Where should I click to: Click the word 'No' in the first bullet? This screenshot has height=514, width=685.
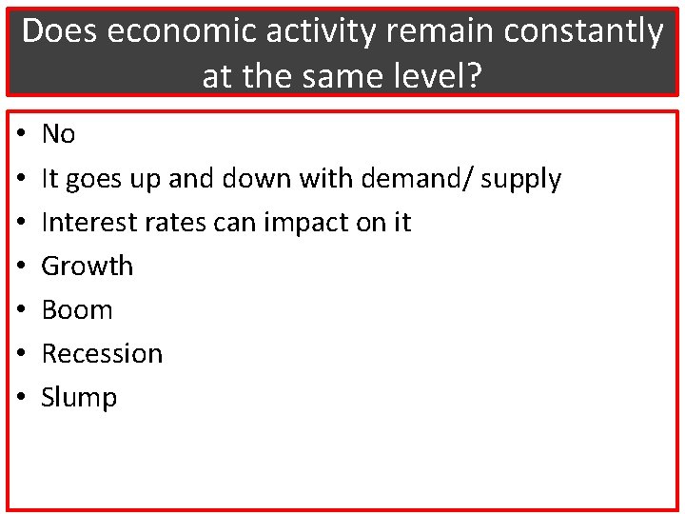pyautogui.click(x=58, y=134)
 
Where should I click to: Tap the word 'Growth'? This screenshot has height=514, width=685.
pyautogui.click(x=88, y=266)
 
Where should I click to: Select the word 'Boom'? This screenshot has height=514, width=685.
pyautogui.click(x=77, y=309)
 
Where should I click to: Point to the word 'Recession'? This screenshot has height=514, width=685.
pyautogui.click(x=102, y=353)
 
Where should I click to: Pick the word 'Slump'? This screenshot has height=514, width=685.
pyautogui.click(x=79, y=398)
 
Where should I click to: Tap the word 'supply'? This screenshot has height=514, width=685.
pyautogui.click(x=522, y=179)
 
